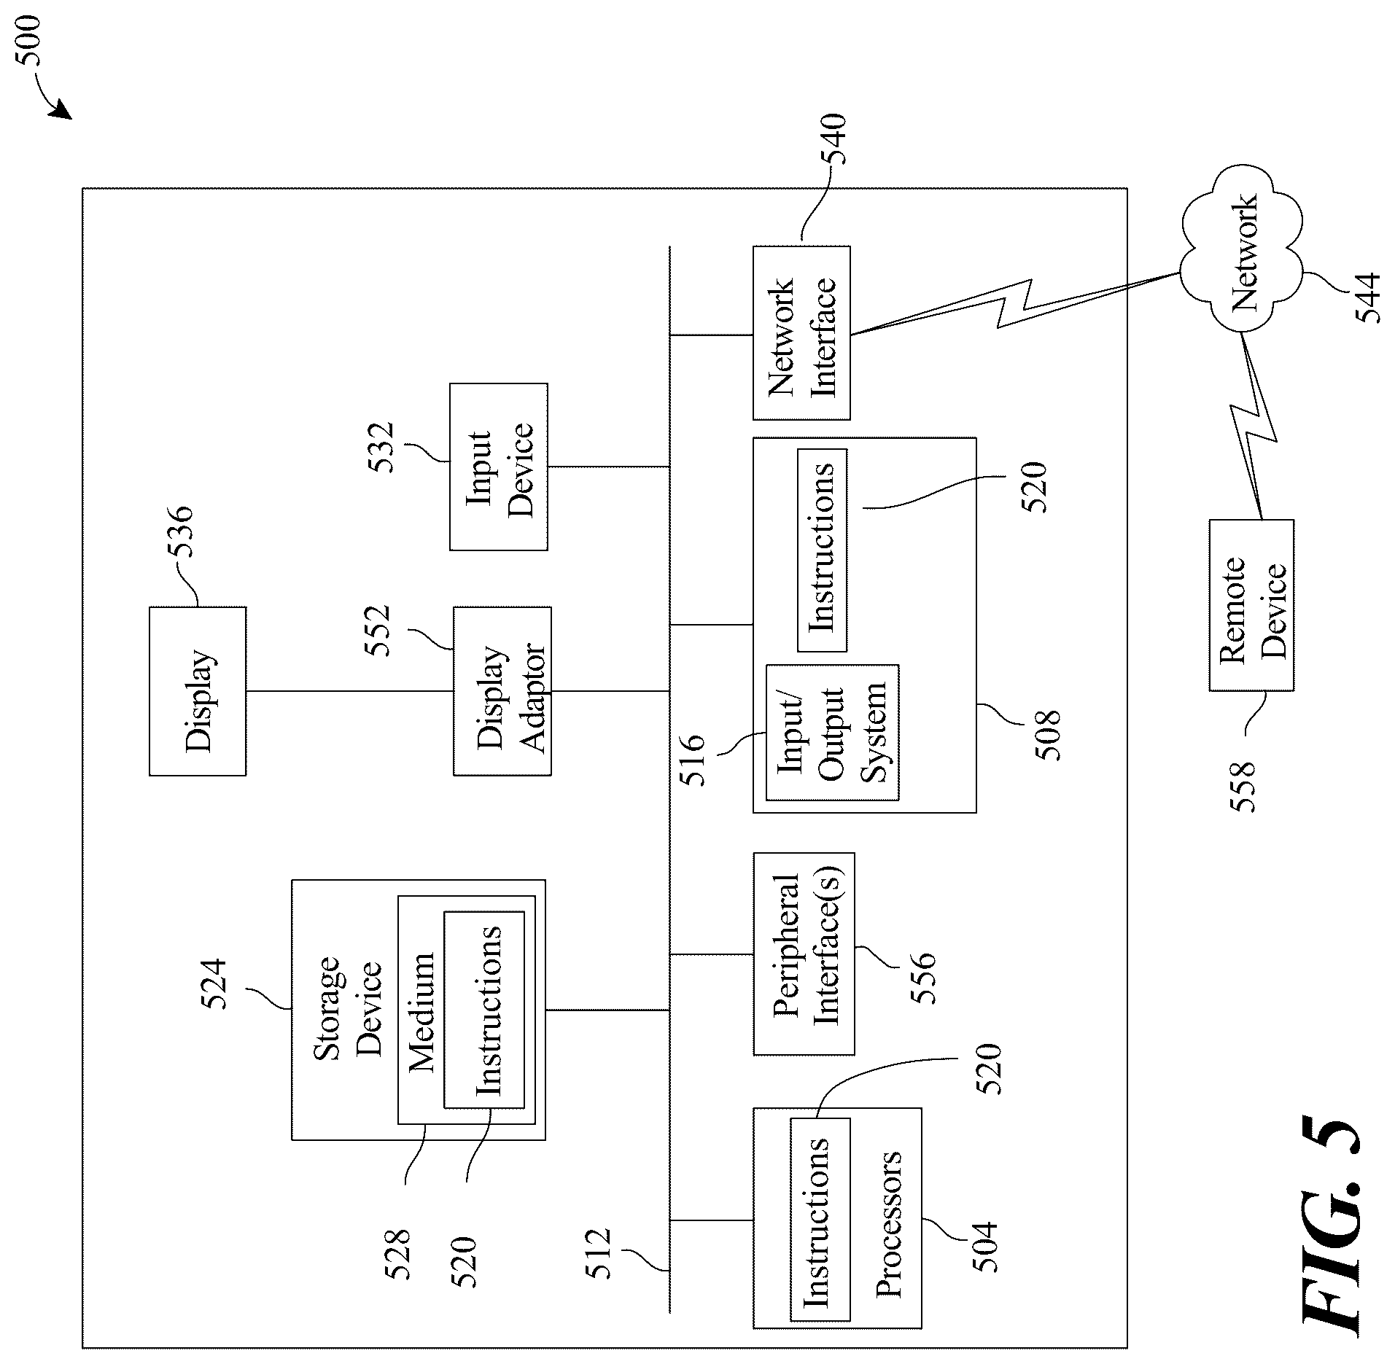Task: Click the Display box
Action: point(198,690)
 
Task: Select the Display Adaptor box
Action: point(502,690)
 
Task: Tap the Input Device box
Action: point(499,467)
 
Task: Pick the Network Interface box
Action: point(801,333)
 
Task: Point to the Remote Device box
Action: point(1251,605)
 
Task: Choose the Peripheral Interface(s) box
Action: point(804,954)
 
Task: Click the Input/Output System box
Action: point(832,732)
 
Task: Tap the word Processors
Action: point(887,1234)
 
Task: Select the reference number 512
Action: point(598,1253)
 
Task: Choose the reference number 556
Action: point(922,978)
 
